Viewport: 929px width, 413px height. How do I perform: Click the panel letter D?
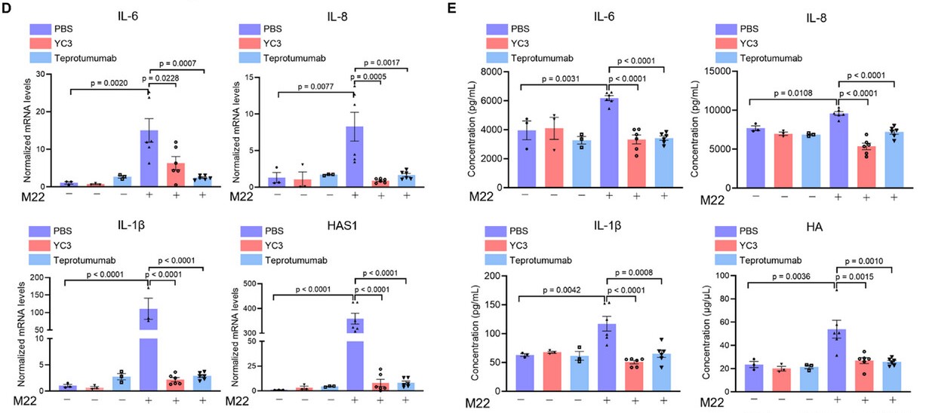point(6,8)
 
